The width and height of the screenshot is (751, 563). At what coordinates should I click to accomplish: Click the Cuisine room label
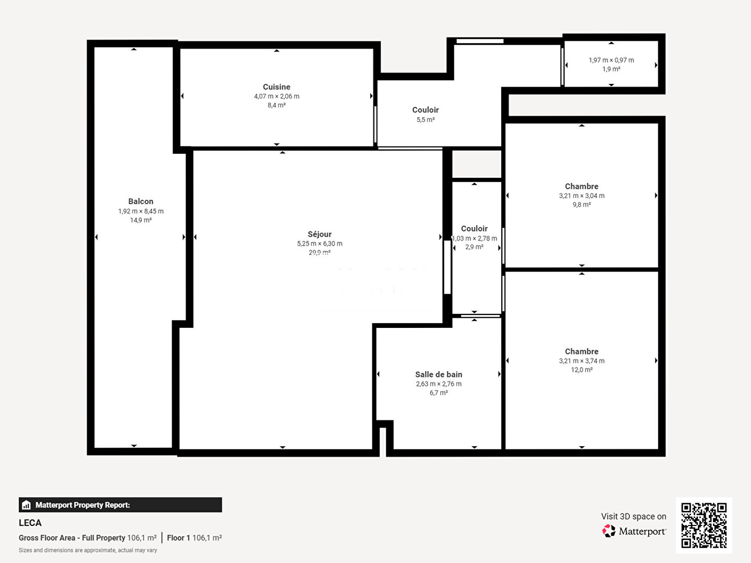coord(276,87)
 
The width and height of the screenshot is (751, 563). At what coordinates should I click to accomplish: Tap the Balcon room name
coord(141,201)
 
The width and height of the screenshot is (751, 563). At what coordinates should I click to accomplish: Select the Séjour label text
coord(320,234)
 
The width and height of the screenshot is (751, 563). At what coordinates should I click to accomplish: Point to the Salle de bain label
coord(439,374)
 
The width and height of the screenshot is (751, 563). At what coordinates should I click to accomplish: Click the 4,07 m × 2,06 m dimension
coord(276,96)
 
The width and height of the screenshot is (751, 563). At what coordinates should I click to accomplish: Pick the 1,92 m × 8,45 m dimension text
coord(141,211)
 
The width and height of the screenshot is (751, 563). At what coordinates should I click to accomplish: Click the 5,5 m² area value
coord(426,120)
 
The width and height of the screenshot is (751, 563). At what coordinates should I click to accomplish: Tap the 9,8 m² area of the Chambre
coord(582,205)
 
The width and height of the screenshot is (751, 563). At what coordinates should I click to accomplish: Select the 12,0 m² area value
coord(582,370)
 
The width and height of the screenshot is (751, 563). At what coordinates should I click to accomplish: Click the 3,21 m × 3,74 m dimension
coord(582,361)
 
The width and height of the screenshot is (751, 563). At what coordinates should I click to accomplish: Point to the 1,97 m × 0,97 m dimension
coord(611,60)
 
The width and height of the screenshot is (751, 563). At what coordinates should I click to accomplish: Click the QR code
coord(704,525)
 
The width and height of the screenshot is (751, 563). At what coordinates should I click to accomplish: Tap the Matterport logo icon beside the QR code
coord(609,531)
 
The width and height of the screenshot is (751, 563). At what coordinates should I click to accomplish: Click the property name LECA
coord(30,523)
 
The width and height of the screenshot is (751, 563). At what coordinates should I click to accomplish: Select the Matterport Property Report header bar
coord(120,505)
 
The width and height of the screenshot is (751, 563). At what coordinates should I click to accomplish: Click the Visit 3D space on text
coord(633,516)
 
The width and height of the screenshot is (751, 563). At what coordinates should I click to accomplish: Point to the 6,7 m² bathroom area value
coord(439,393)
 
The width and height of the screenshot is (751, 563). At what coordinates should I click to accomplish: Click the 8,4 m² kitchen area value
coord(276,105)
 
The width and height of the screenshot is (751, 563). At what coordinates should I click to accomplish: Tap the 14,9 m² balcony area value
coord(141,221)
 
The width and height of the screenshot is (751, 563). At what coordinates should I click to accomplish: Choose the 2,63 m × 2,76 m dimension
coord(439,384)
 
